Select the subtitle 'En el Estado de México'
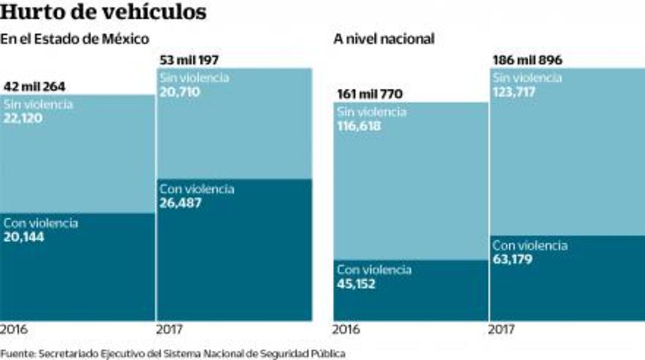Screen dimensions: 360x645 pos(75,39)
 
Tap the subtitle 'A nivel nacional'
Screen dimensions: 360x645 pos(384,39)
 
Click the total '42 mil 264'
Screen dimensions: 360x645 pos(34,87)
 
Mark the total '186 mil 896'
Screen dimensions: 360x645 pos(528,60)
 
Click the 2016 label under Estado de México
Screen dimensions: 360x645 pos(14,330)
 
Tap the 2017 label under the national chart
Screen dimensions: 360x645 pos(502,330)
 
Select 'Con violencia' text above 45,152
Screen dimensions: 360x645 pos(374,270)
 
